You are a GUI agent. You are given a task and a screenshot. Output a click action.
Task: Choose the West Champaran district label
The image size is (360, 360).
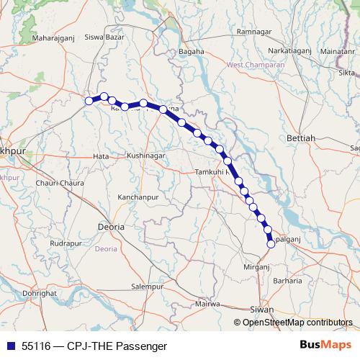(x=256, y=65)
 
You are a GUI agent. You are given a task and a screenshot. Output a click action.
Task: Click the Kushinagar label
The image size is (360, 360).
(x=146, y=156)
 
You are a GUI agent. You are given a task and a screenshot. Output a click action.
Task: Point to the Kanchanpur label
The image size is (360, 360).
(x=138, y=197)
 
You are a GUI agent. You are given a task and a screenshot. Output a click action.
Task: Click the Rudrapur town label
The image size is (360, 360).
(x=66, y=243)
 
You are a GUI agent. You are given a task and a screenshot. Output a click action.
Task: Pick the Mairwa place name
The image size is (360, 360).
(x=207, y=303)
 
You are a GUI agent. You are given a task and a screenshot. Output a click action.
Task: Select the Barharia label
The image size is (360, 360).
(x=287, y=281)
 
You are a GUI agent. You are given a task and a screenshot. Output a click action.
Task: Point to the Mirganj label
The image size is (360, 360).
(x=256, y=266)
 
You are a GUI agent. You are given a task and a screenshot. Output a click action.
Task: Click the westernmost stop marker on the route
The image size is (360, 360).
(x=89, y=102)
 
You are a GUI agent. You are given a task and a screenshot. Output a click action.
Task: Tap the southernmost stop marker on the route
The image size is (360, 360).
(x=271, y=244)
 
